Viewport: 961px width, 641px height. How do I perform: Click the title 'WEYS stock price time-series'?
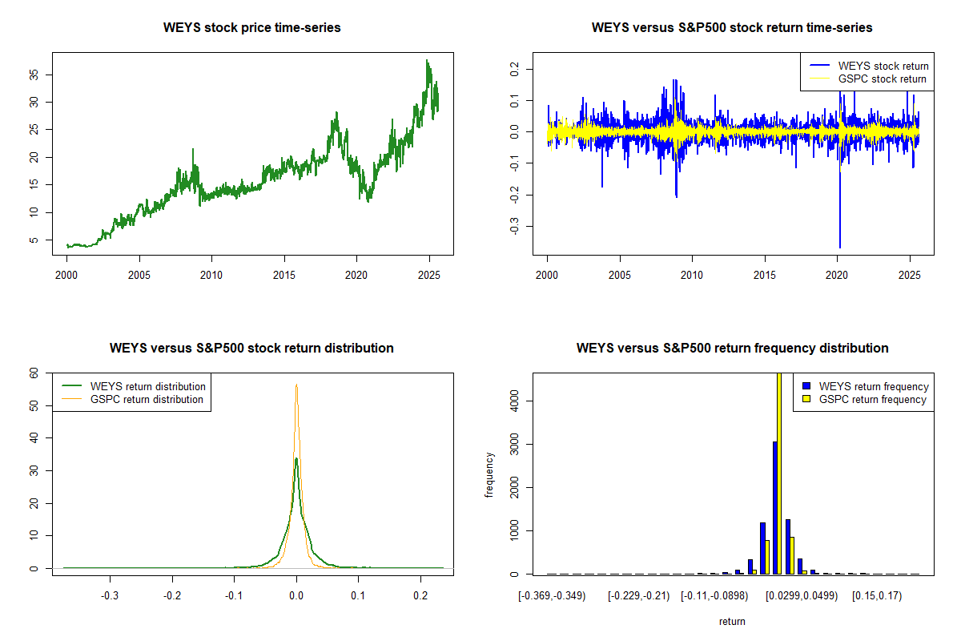[252, 28]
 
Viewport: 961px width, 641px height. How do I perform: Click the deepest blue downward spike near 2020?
[840, 244]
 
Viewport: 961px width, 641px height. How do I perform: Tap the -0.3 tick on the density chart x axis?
[110, 596]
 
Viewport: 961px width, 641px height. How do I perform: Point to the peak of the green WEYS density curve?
[296, 459]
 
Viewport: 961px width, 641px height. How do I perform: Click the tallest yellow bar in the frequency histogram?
[779, 473]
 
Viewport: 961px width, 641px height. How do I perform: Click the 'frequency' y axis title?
[489, 475]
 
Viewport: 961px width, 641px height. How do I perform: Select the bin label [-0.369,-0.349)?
[553, 596]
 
